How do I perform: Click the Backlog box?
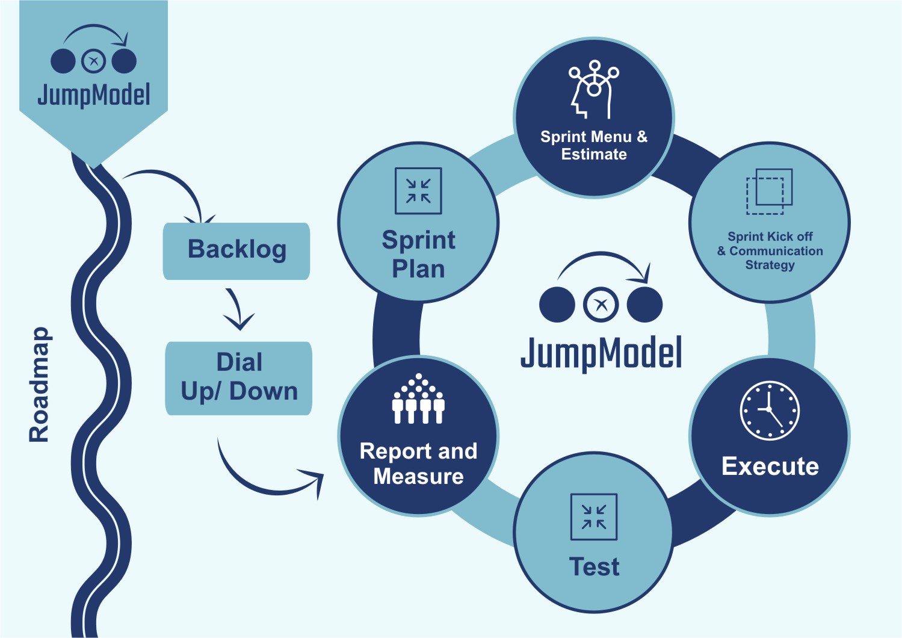[x=236, y=250]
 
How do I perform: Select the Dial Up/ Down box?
[x=239, y=378]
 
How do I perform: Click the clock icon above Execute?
[x=770, y=410]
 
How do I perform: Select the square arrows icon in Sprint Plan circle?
[x=418, y=191]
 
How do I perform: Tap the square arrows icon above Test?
[x=593, y=516]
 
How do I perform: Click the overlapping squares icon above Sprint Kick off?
[x=770, y=191]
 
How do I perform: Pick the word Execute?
[x=770, y=466]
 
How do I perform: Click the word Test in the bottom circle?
[x=594, y=567]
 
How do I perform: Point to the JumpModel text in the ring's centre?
[x=601, y=353]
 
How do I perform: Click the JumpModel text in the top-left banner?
[x=93, y=95]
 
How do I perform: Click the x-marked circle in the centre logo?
[x=601, y=305]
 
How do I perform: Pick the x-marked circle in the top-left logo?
[x=93, y=61]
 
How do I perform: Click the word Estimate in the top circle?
[x=594, y=155]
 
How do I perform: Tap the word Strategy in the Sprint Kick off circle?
[x=770, y=265]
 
